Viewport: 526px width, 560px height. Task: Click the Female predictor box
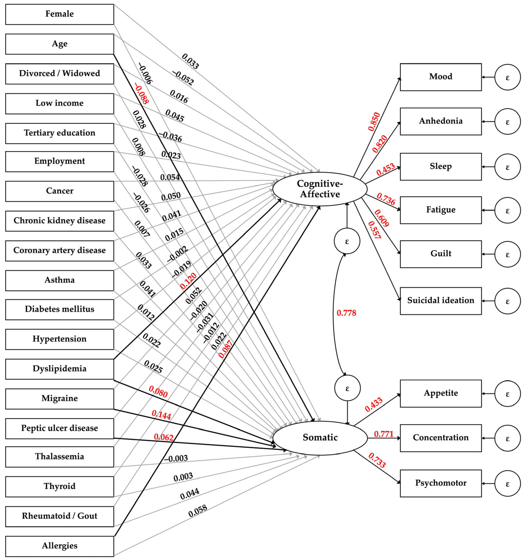pyautogui.click(x=59, y=14)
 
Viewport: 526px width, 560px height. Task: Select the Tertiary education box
pyautogui.click(x=59, y=133)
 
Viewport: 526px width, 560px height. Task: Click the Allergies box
pyautogui.click(x=59, y=546)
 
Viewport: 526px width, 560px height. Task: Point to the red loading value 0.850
pyautogui.click(x=374, y=122)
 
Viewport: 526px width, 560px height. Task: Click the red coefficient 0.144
pyautogui.click(x=161, y=415)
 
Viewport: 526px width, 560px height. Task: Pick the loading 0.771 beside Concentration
pyautogui.click(x=384, y=434)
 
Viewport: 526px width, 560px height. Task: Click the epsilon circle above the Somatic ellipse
pyautogui.click(x=347, y=388)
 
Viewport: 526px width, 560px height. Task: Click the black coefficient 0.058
pyautogui.click(x=198, y=511)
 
